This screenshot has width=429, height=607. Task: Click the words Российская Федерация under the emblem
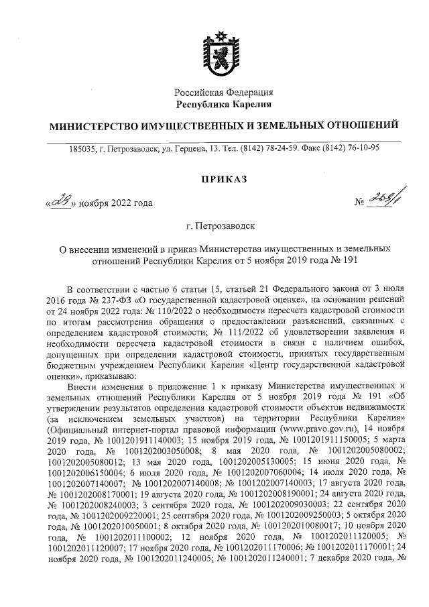[224, 92]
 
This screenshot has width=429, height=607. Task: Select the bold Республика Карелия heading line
[224, 104]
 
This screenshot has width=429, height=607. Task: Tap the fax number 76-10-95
[361, 148]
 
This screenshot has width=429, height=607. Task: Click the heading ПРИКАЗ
[224, 178]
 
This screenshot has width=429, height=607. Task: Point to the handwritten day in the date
[58, 202]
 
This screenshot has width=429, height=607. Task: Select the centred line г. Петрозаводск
[224, 228]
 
